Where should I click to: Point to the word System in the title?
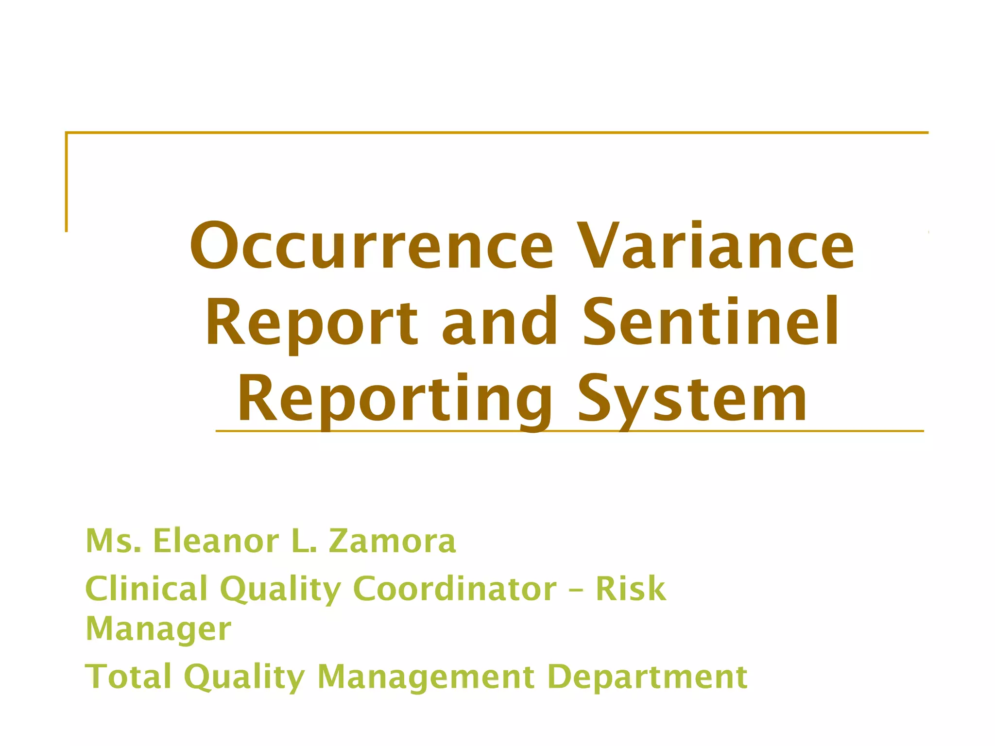coord(692,399)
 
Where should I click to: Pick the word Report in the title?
coord(311,323)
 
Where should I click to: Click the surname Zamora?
coord(393,541)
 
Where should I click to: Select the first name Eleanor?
coord(217,541)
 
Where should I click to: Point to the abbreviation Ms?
coord(113,541)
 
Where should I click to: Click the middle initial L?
coord(304,541)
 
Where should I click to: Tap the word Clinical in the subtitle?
coord(146,588)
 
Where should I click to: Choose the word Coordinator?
coord(455,588)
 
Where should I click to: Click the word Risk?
coord(631,588)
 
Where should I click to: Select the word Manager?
coord(158,629)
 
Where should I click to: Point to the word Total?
coord(128,676)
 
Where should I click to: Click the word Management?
coord(426,677)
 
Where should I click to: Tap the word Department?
coord(647,677)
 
